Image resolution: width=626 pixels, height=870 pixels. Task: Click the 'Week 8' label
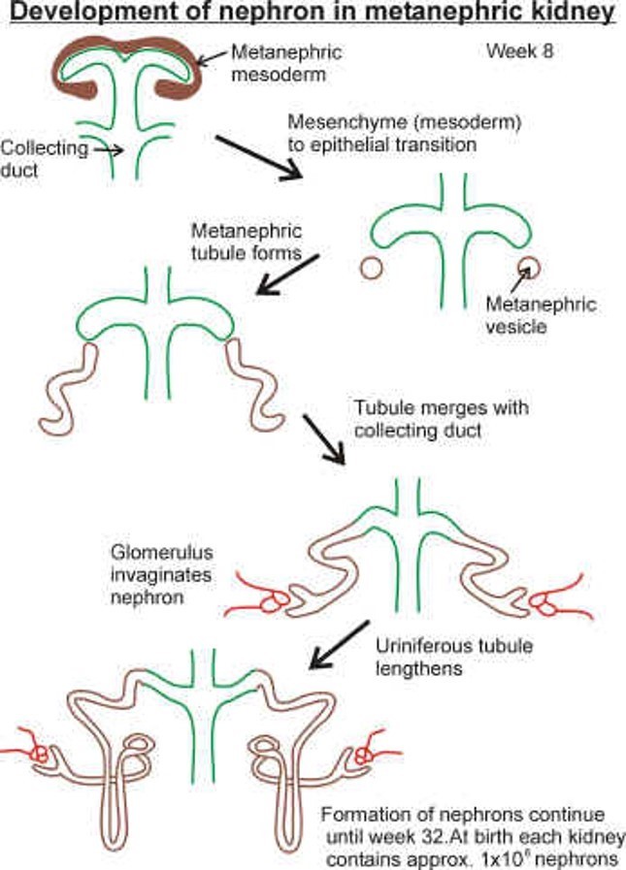coord(520,51)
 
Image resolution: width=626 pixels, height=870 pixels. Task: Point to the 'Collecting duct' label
coord(40,159)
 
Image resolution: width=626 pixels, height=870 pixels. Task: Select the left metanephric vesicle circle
coord(369,267)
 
